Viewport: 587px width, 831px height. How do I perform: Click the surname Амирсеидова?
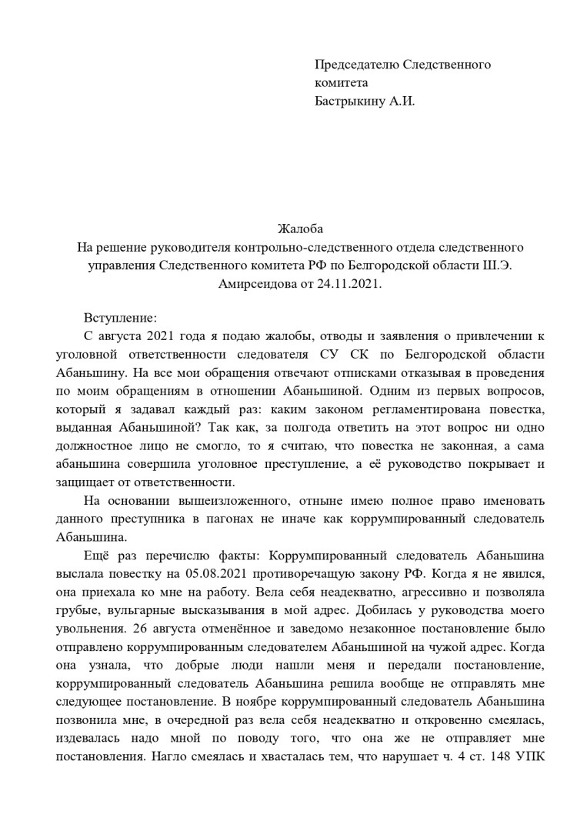tap(255, 284)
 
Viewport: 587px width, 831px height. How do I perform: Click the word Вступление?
tap(119, 318)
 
